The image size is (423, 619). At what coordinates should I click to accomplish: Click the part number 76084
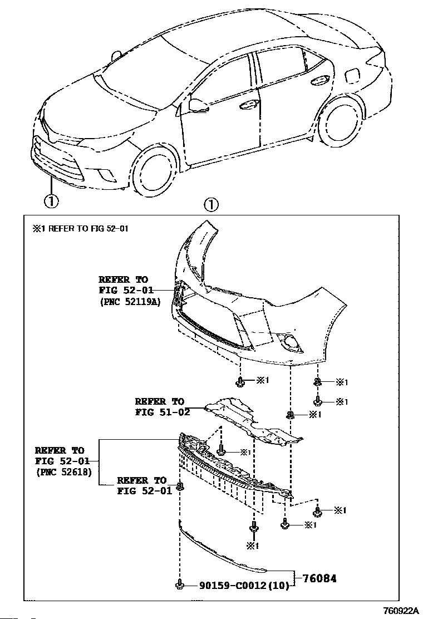coord(320,578)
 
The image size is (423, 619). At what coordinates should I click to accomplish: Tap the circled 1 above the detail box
coord(211,205)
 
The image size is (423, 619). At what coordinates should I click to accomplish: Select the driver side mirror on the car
coord(197,104)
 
